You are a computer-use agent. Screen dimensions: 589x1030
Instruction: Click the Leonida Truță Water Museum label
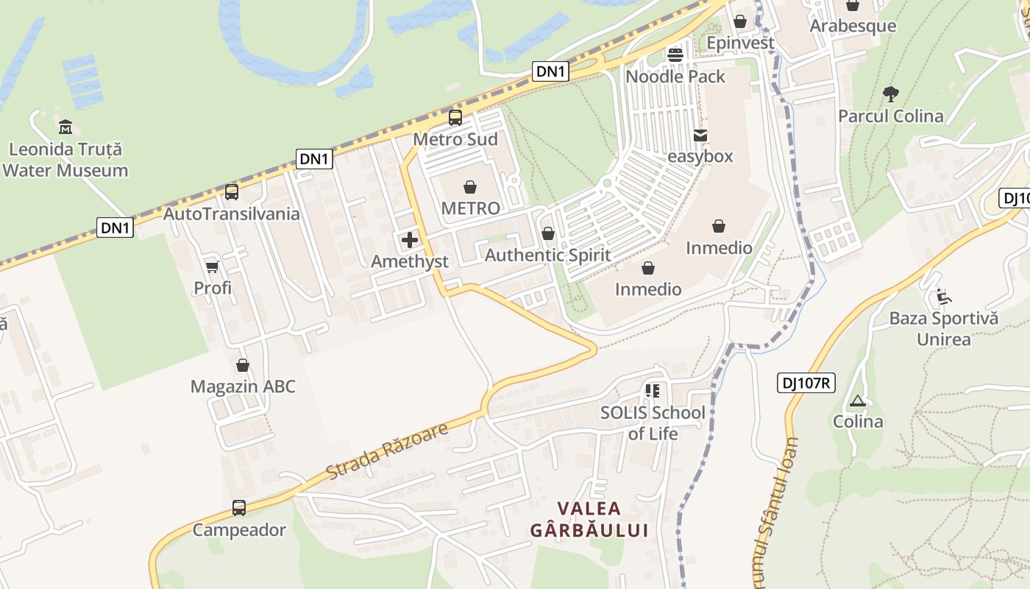coord(65,160)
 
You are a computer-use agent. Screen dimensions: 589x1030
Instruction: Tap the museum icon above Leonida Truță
coord(65,127)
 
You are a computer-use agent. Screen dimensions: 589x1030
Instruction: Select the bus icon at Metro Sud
coord(455,118)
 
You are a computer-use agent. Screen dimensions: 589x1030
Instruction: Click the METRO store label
coord(470,208)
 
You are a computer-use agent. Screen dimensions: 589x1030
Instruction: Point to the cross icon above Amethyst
coord(410,240)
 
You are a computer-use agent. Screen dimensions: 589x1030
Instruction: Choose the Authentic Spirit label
coord(547,255)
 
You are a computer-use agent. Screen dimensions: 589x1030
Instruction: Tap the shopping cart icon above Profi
coord(213,267)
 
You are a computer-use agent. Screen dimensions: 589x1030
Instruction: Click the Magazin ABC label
coord(243,387)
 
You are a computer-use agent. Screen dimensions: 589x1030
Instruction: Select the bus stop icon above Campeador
coord(239,508)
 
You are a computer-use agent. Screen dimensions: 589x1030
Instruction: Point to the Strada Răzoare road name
coord(387,451)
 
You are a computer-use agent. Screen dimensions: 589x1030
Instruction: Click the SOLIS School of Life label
coord(653,423)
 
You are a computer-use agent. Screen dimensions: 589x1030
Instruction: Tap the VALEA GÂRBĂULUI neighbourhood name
coord(589,519)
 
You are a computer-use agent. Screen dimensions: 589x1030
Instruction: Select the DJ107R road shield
coord(806,383)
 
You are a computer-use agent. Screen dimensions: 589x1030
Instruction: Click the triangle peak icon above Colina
coord(857,401)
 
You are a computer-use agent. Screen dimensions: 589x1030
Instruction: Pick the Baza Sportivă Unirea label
coord(944,329)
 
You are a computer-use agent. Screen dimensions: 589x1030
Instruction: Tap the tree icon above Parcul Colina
coord(890,94)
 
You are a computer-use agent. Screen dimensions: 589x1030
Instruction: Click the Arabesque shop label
coord(853,26)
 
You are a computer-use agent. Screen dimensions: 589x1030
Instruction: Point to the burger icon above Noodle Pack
coord(675,55)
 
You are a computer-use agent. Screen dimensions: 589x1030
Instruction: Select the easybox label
coord(700,156)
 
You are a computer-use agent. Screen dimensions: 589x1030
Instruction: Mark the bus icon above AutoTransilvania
coord(232,192)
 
